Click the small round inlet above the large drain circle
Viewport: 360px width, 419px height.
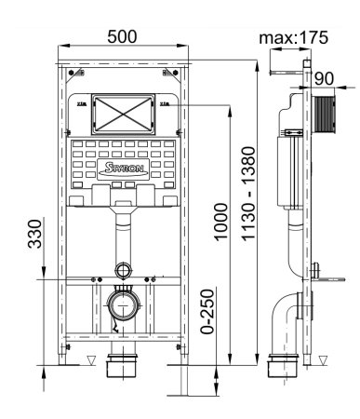[x=123, y=272]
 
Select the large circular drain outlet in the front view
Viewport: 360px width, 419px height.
[x=122, y=303]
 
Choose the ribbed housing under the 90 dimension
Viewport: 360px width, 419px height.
[x=323, y=112]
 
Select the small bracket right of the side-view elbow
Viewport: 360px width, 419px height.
[x=321, y=272]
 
